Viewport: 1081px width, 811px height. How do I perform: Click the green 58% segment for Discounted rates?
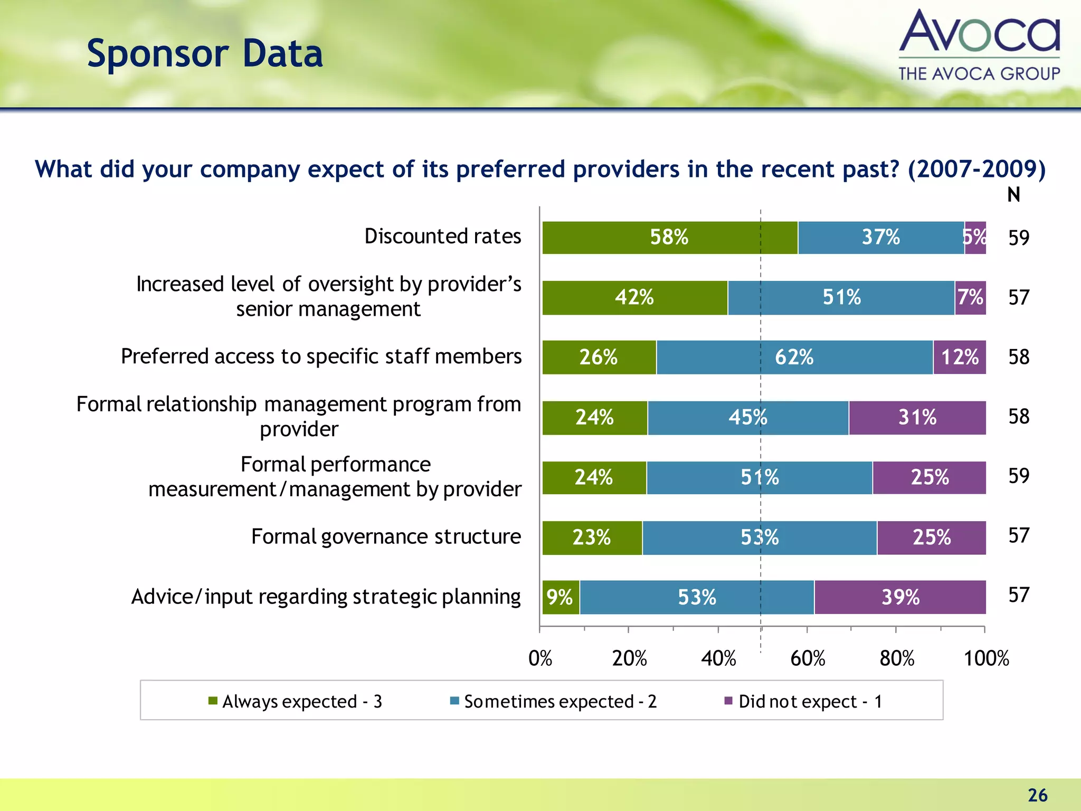click(669, 238)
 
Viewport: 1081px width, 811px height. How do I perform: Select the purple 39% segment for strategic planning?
click(900, 597)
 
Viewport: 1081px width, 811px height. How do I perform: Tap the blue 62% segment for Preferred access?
click(794, 357)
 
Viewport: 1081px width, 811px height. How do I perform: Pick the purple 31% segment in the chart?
click(917, 418)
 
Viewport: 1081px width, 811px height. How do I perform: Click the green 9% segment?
click(560, 597)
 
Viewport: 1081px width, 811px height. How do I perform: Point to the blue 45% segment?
click(747, 418)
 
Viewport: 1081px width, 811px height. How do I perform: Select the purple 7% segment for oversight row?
click(970, 298)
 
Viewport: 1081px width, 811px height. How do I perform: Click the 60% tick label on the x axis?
click(808, 658)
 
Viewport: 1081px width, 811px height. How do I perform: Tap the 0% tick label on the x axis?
click(540, 658)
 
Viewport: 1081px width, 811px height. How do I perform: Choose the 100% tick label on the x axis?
click(986, 658)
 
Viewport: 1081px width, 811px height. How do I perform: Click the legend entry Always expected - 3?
click(296, 701)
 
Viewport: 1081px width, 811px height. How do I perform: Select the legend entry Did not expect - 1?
click(803, 701)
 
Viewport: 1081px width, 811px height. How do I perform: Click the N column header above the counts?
click(1013, 195)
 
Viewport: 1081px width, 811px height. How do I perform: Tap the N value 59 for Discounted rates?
click(1019, 238)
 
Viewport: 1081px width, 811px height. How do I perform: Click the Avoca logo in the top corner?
click(979, 45)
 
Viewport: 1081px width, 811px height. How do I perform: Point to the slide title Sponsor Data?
click(205, 54)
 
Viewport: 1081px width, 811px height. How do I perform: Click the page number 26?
click(1037, 795)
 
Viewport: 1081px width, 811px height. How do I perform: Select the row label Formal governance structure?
click(386, 536)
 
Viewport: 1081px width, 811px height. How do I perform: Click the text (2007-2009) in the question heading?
click(976, 169)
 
